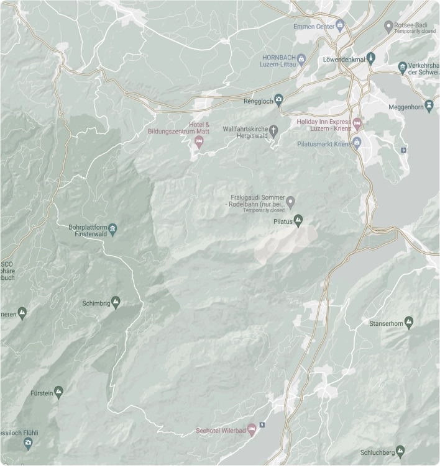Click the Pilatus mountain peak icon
pyautogui.click(x=298, y=220)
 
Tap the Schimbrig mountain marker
pyautogui.click(x=116, y=303)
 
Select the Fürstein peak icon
pyautogui.click(x=59, y=391)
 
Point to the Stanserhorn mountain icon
pyautogui.click(x=408, y=321)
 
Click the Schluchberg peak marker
pyautogui.click(x=400, y=451)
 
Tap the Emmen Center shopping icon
pyautogui.click(x=340, y=25)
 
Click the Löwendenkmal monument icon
pyautogui.click(x=371, y=59)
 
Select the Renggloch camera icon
pyautogui.click(x=279, y=99)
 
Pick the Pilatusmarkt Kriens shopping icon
pyautogui.click(x=357, y=143)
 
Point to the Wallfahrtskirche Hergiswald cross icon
pyautogui.click(x=275, y=130)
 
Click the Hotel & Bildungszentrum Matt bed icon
pyautogui.click(x=199, y=143)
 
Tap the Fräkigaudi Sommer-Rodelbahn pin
pyautogui.click(x=290, y=201)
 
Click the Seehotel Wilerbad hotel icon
pyautogui.click(x=251, y=429)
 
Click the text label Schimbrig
pyautogui.click(x=95, y=303)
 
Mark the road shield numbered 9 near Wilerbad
pyautogui.click(x=262, y=424)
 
